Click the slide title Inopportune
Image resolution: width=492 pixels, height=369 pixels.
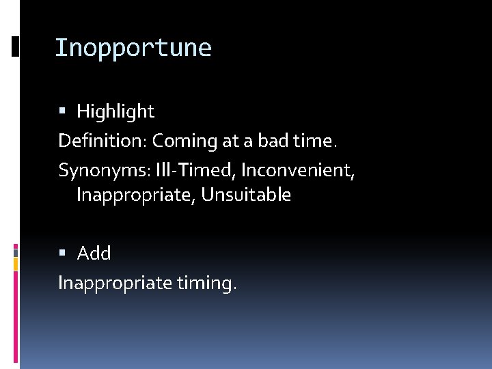[x=133, y=48]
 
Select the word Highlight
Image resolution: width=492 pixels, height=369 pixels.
[x=115, y=111]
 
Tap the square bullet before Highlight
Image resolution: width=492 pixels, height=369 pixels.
[x=62, y=111]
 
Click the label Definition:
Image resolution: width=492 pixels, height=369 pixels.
[x=102, y=141]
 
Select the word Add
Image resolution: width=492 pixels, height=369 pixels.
[x=94, y=253]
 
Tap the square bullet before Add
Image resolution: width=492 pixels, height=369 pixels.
[x=62, y=253]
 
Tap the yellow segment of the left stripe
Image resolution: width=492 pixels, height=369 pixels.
[x=16, y=264]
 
